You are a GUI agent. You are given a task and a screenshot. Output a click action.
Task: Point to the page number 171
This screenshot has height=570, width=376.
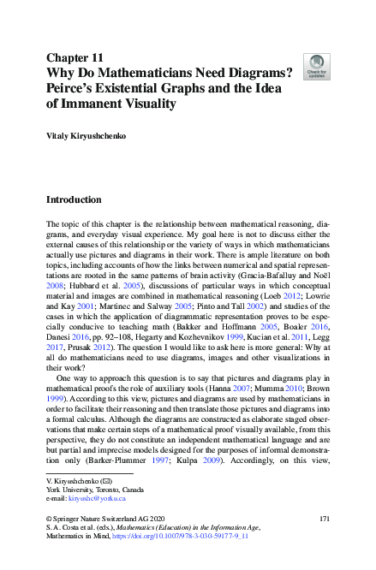[324, 520]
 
